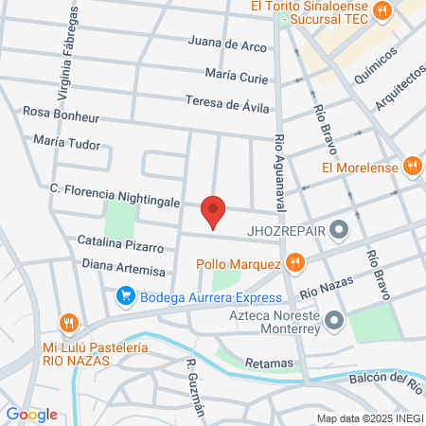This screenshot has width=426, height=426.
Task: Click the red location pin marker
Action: [213, 211]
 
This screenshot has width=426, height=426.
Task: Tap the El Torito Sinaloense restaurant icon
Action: [382, 11]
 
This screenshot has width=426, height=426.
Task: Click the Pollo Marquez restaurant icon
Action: [295, 262]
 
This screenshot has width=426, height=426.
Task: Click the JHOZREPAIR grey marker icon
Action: [339, 229]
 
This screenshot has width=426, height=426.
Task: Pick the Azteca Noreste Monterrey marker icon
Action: [333, 323]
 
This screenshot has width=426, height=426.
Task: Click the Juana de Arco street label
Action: [227, 44]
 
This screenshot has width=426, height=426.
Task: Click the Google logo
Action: [31, 414]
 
